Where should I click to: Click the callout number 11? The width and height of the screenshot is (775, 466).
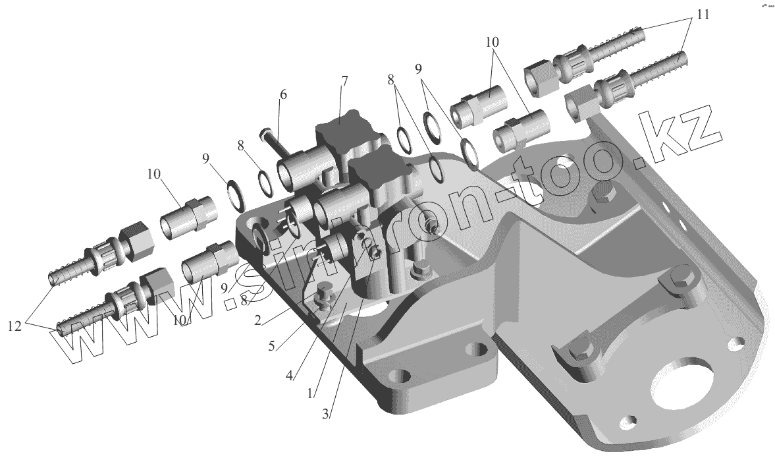(x=703, y=15)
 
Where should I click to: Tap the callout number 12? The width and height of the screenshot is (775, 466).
(x=14, y=326)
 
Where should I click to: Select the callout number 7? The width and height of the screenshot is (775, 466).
(x=344, y=80)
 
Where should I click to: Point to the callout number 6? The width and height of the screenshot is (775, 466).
(x=282, y=94)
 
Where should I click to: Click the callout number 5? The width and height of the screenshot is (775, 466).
(x=271, y=346)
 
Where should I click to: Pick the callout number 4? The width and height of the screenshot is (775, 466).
(x=288, y=376)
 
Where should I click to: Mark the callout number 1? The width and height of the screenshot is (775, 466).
(x=310, y=393)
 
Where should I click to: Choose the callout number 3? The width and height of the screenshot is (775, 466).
(x=325, y=415)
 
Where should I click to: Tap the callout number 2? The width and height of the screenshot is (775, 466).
(x=257, y=320)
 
